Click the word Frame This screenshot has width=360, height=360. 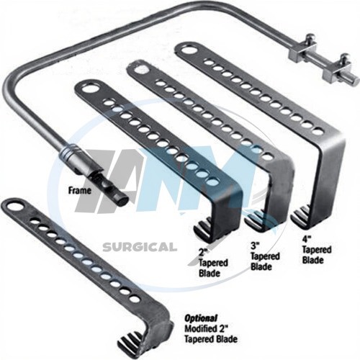[80, 191]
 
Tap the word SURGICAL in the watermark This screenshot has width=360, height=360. [140, 247]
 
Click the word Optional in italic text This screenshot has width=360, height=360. [201, 318]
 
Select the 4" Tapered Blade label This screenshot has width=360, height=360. [317, 250]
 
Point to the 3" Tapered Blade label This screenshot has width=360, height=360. [265, 256]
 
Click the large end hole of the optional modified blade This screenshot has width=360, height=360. [14, 206]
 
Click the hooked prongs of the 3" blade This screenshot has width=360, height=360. [254, 221]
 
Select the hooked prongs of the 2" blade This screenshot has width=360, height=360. [204, 228]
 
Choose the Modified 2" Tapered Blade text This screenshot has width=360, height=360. [211, 334]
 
